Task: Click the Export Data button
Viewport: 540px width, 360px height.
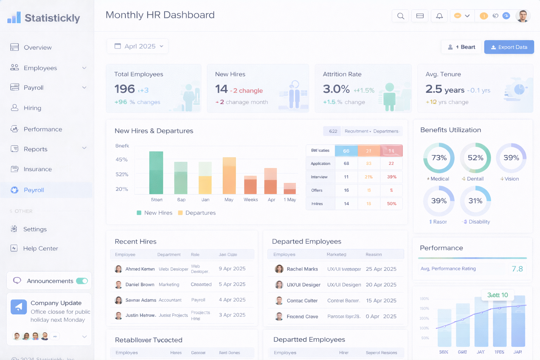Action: click(x=509, y=47)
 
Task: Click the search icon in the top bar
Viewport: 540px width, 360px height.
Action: click(x=400, y=16)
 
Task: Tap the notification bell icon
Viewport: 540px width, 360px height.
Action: click(x=439, y=16)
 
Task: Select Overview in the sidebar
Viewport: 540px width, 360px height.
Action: click(x=37, y=47)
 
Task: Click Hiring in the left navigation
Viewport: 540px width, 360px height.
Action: click(x=32, y=108)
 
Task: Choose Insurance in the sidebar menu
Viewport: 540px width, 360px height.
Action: click(x=38, y=169)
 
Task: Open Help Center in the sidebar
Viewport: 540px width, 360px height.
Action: click(x=40, y=249)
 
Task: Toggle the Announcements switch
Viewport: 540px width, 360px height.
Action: click(x=82, y=281)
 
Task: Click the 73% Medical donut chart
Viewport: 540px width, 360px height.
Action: click(x=439, y=158)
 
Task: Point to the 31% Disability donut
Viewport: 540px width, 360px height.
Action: click(x=475, y=201)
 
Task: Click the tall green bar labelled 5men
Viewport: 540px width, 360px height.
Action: click(x=156, y=173)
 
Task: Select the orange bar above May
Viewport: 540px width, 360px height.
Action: click(x=229, y=176)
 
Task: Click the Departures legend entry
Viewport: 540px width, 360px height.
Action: click(x=197, y=213)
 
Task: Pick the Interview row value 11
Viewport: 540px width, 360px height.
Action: click(x=346, y=177)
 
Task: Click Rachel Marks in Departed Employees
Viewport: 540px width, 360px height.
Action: click(x=302, y=269)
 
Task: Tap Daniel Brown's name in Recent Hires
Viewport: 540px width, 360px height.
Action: click(x=140, y=284)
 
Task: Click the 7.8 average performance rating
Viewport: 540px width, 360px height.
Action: click(x=517, y=269)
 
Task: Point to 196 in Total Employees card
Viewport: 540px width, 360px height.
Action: click(x=124, y=89)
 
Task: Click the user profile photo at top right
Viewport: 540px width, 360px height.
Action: click(x=523, y=16)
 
